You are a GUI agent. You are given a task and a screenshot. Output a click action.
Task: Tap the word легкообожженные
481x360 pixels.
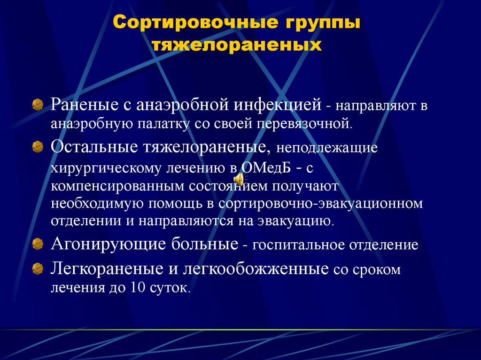click(x=251, y=269)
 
